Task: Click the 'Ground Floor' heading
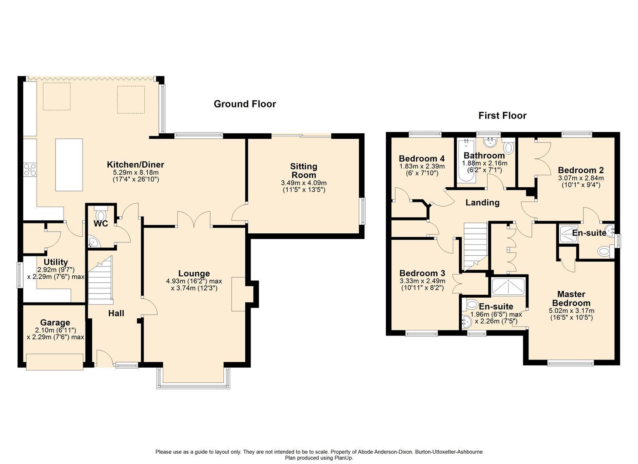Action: pos(244,104)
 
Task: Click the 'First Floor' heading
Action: pos(502,116)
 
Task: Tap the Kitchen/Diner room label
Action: pos(135,165)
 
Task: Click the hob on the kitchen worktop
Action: pos(30,170)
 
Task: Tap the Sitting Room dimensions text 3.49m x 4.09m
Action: pos(303,183)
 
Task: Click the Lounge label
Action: pos(194,274)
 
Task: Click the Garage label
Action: pos(55,323)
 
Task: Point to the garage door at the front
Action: pos(55,361)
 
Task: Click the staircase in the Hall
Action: pos(101,279)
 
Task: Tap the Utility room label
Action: pos(56,262)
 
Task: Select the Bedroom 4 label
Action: pos(421,158)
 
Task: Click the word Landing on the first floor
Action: pos(482,202)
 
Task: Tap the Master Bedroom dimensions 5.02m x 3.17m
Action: pos(571,311)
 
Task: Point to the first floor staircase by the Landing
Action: pos(474,245)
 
